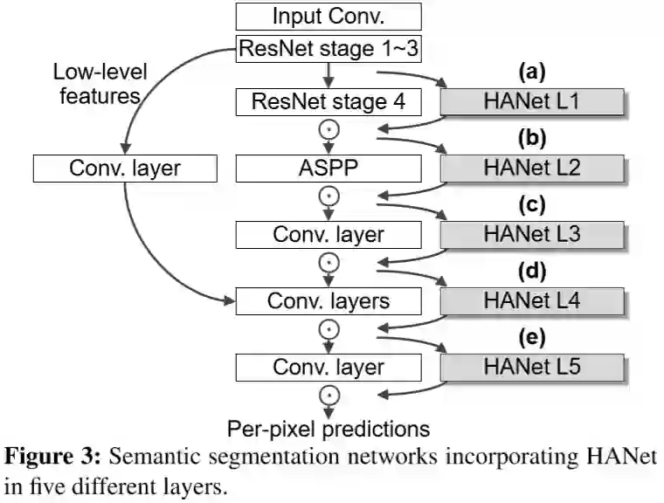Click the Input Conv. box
(x=328, y=17)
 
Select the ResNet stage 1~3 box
(x=328, y=49)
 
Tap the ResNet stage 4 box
(x=328, y=101)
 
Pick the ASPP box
(x=328, y=168)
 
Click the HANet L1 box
(x=531, y=101)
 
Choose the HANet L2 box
(x=531, y=168)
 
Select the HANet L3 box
(x=531, y=234)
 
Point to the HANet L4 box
(x=531, y=300)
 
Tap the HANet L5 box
(x=531, y=367)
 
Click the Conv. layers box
(x=328, y=300)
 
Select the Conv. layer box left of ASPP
(x=123, y=168)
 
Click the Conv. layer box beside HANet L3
(x=328, y=234)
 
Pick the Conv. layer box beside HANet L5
(x=328, y=367)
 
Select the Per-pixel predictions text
(x=329, y=428)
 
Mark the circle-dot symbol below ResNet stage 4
(x=329, y=131)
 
